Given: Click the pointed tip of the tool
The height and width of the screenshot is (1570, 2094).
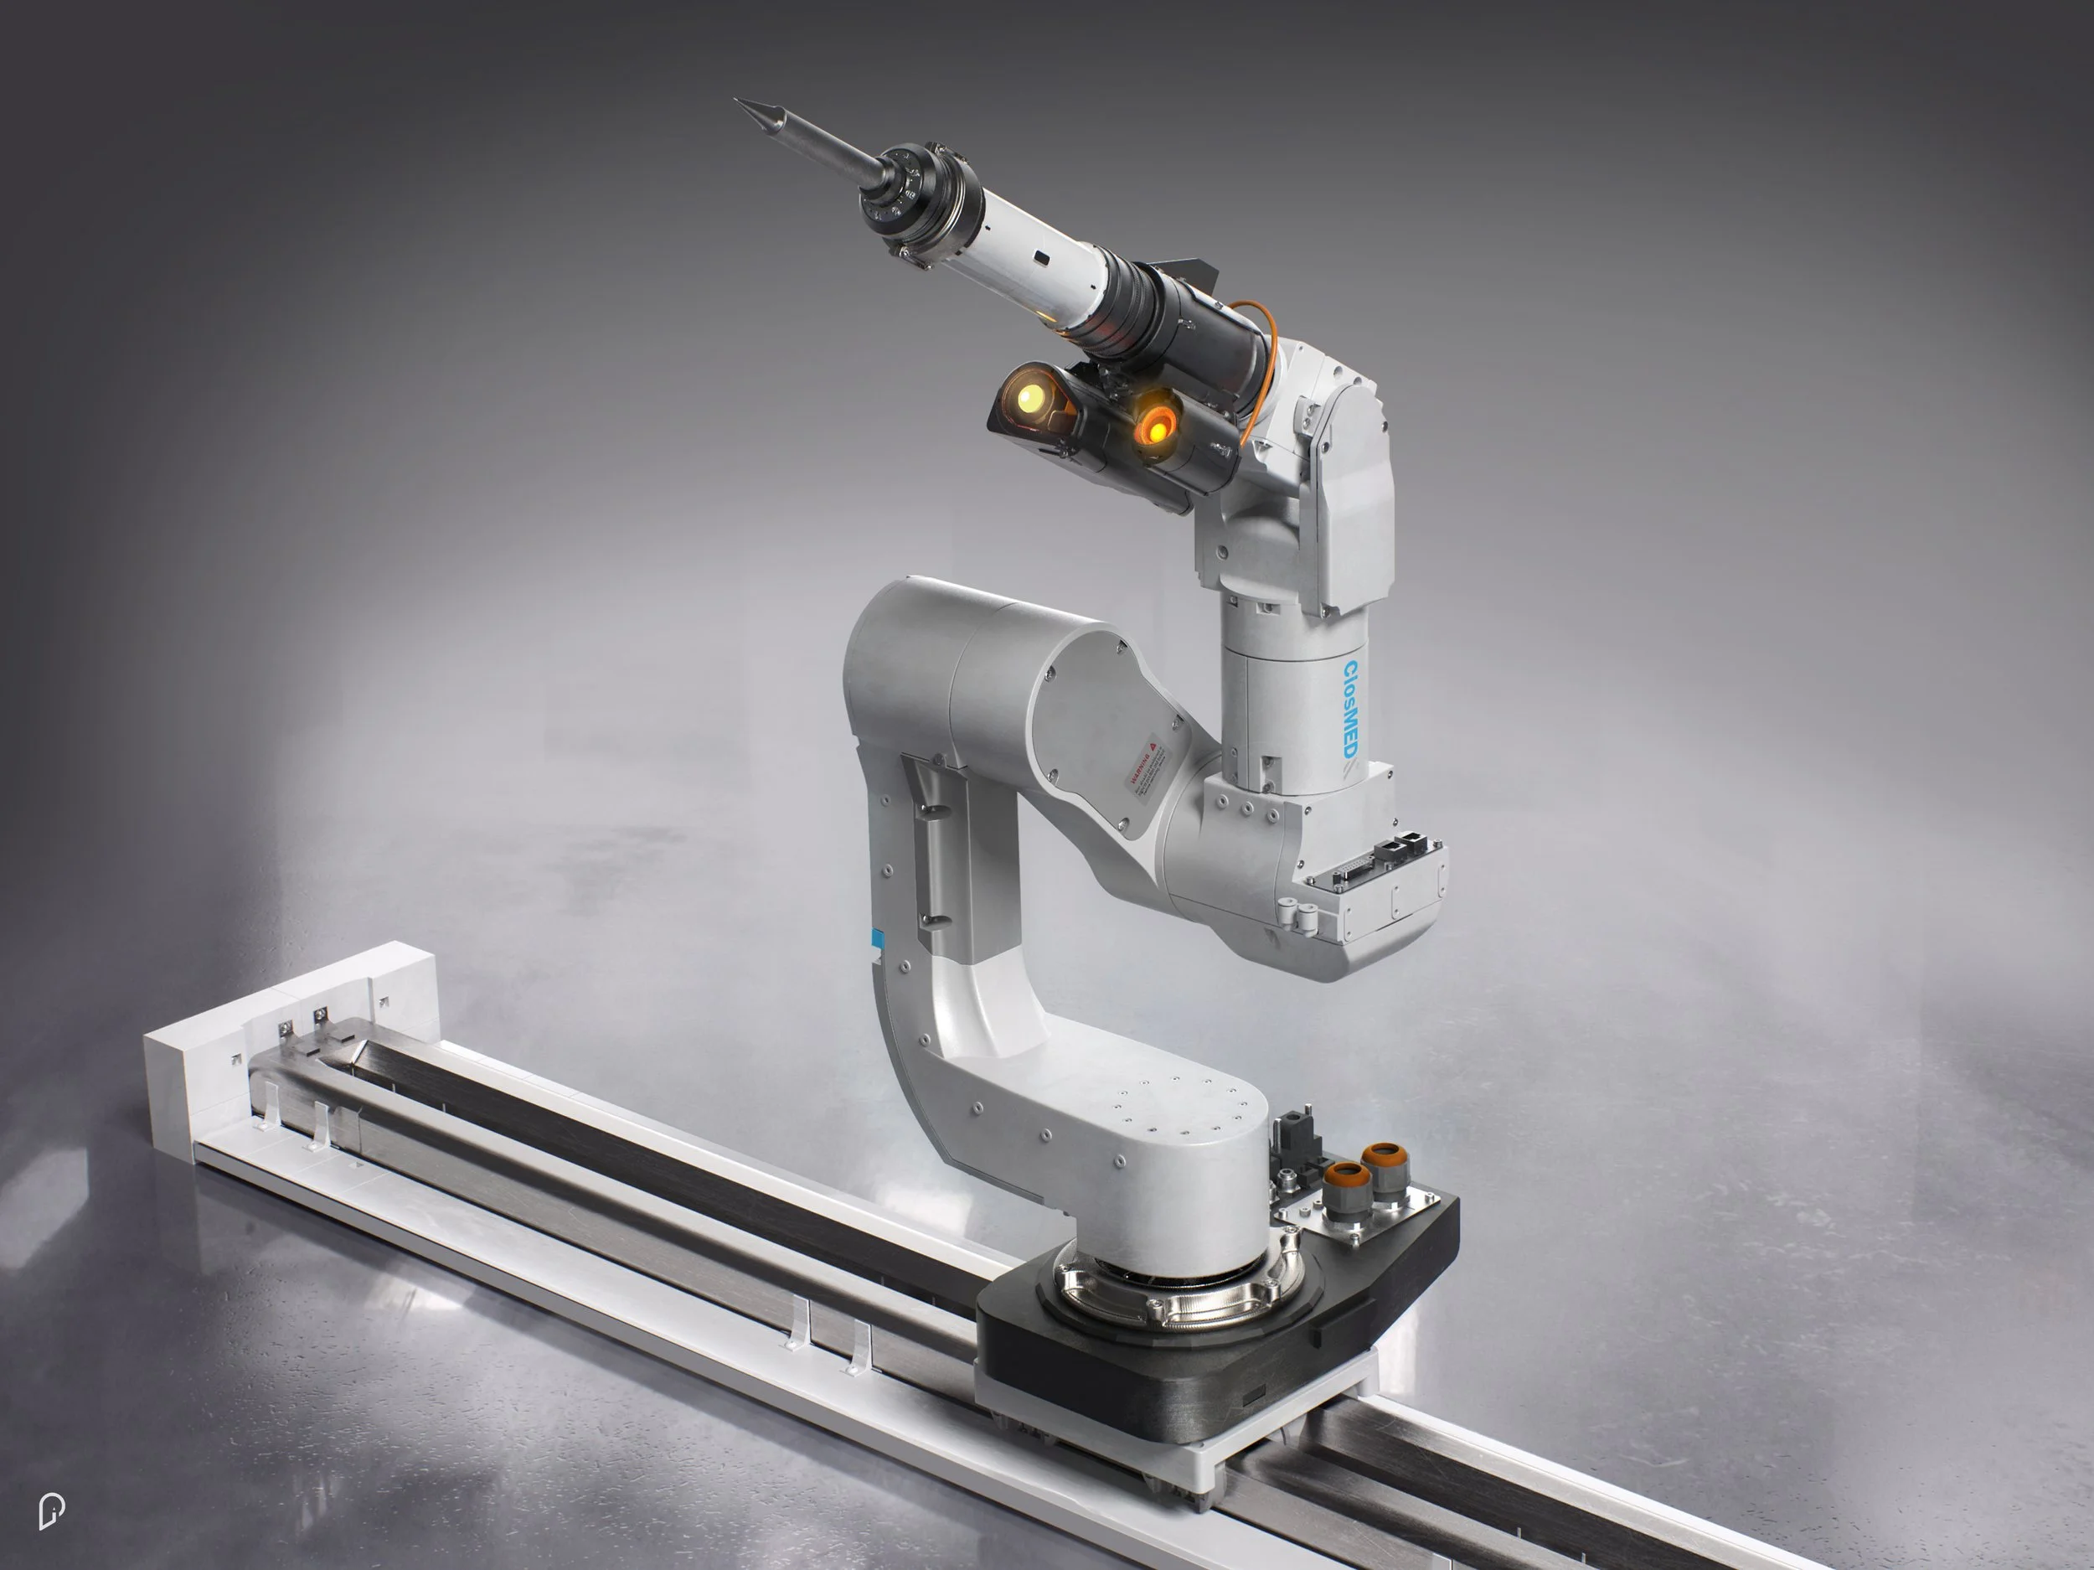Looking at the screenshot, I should (740, 101).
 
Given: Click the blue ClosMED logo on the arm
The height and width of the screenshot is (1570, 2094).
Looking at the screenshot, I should (1350, 708).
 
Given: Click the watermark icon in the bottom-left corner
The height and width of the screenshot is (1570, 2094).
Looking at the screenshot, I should (51, 1511).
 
